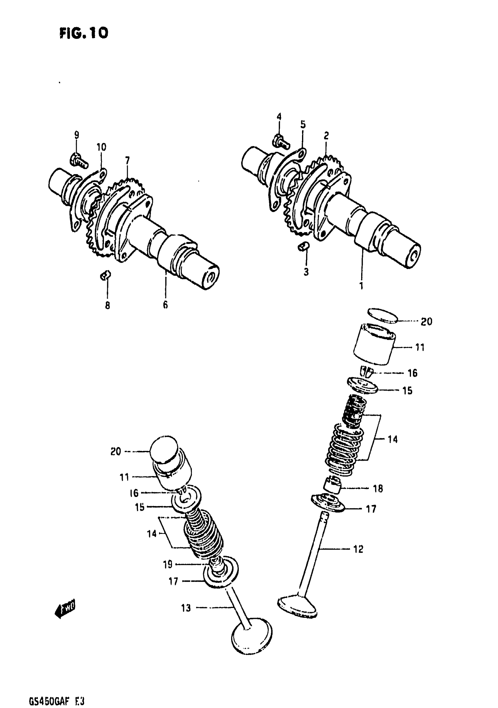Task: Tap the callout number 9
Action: [x=76, y=135]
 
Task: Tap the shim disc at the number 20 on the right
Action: [x=383, y=316]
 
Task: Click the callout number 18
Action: [x=378, y=488]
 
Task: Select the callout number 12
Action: [x=358, y=549]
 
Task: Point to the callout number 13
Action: [x=186, y=608]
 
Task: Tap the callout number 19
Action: [x=167, y=564]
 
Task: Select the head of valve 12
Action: [x=297, y=608]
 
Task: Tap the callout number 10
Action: [x=101, y=147]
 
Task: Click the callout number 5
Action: [x=303, y=125]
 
